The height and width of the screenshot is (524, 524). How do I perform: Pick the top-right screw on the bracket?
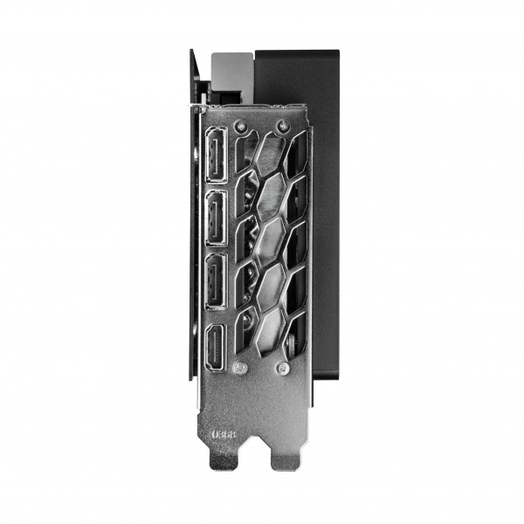click(281, 125)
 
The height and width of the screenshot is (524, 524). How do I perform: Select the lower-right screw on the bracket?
click(281, 369)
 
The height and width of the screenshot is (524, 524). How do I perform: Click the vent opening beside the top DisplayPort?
click(245, 166)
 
